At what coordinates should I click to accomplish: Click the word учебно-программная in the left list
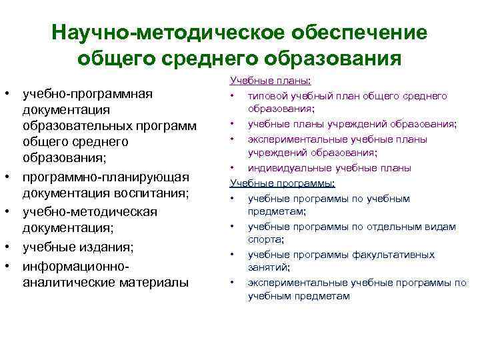pos(88,93)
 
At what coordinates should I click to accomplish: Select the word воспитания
pos(157,194)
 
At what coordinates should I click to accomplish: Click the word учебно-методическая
pos(89,211)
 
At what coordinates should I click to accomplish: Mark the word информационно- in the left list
pos(75,265)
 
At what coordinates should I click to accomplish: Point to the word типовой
pos(266,97)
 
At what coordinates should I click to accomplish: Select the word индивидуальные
pos(285,168)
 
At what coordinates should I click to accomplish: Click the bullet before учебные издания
pos(8,247)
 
